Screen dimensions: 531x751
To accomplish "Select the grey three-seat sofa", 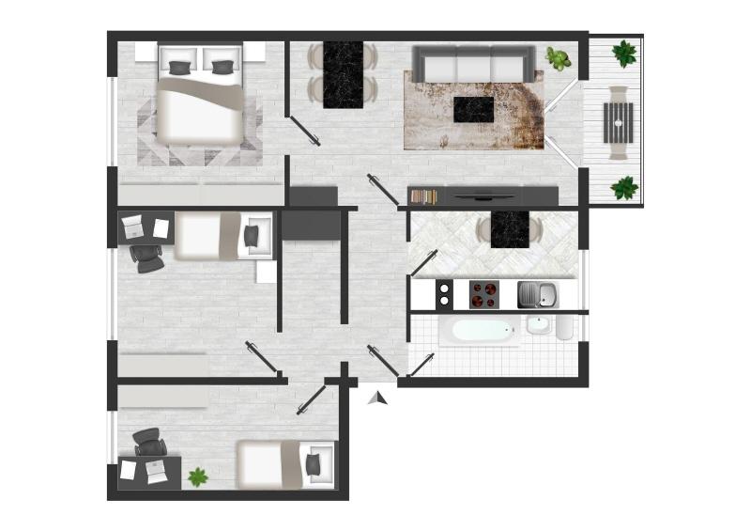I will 474,66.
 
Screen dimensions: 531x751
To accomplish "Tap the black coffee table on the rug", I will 474,109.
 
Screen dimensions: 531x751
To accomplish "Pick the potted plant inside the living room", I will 559,59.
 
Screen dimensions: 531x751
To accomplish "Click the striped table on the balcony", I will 618,120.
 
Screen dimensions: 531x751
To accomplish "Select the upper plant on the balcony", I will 623,53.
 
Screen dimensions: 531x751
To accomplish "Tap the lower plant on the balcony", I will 623,188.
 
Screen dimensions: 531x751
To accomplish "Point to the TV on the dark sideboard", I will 484,196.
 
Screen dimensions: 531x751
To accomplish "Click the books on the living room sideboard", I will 424,196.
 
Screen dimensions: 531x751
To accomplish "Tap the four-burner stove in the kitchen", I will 483,295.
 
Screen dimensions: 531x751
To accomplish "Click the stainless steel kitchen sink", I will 536,295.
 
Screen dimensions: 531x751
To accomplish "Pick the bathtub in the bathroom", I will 478,331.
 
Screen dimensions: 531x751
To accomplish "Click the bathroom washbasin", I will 539,325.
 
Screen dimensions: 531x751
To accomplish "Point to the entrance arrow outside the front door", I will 377,398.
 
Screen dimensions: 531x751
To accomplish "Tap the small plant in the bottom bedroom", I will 197,476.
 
